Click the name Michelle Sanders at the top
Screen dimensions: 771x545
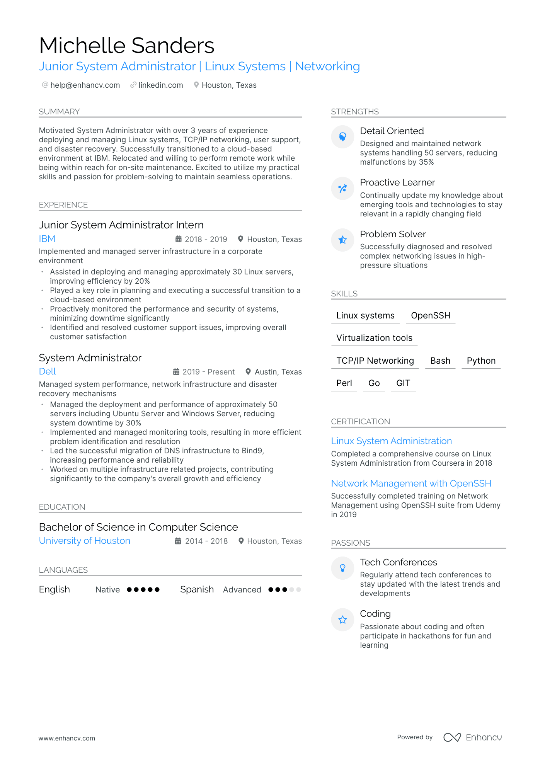(126, 46)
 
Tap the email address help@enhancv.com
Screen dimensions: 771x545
(85, 85)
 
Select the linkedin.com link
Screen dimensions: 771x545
(160, 85)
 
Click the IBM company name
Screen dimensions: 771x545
(47, 239)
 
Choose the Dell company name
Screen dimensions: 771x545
(48, 371)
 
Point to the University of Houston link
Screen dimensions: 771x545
(85, 541)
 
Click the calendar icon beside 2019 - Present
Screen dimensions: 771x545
(176, 372)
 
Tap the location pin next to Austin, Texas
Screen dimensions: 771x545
(248, 372)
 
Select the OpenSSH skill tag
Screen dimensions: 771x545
(431, 316)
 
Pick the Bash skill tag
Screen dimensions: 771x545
(440, 361)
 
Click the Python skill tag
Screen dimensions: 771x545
(481, 361)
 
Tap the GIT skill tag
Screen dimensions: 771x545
(403, 383)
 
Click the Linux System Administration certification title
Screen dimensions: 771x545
(391, 441)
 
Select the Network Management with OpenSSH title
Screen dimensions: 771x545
(411, 483)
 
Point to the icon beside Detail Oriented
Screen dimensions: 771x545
(342, 137)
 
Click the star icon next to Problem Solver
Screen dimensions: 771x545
(342, 240)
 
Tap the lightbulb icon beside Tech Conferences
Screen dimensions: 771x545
(342, 568)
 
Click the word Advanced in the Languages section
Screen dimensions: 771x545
(242, 590)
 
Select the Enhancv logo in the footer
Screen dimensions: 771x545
(472, 737)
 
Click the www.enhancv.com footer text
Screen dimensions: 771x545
(66, 738)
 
